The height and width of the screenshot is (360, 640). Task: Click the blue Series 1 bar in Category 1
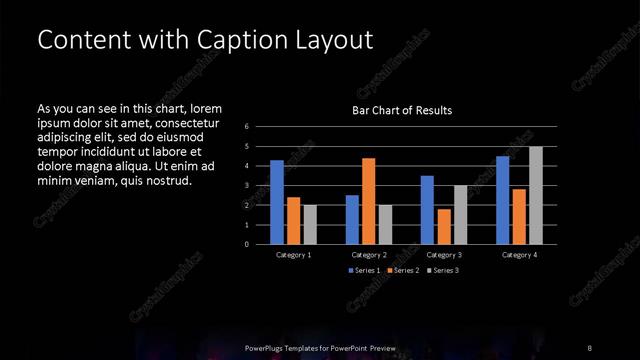[277, 202]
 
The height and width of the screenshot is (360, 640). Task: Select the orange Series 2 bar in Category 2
[368, 201]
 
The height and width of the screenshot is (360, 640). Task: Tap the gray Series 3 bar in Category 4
[535, 195]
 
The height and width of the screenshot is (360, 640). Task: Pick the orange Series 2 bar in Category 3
[443, 226]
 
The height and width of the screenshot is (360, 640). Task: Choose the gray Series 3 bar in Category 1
[309, 224]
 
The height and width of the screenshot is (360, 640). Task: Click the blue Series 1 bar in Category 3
[427, 210]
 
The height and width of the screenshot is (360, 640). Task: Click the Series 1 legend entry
[364, 271]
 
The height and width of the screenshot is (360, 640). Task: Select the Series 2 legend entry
[402, 271]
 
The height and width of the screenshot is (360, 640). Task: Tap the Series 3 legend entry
[441, 271]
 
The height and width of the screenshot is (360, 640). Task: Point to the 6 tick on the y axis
[246, 127]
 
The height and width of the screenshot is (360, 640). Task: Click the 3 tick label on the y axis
[246, 186]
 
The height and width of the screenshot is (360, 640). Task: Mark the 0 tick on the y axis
[246, 244]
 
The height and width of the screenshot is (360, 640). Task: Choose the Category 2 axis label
[368, 255]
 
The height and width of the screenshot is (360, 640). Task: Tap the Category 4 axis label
[519, 255]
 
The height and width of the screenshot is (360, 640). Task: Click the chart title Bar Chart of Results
[401, 110]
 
